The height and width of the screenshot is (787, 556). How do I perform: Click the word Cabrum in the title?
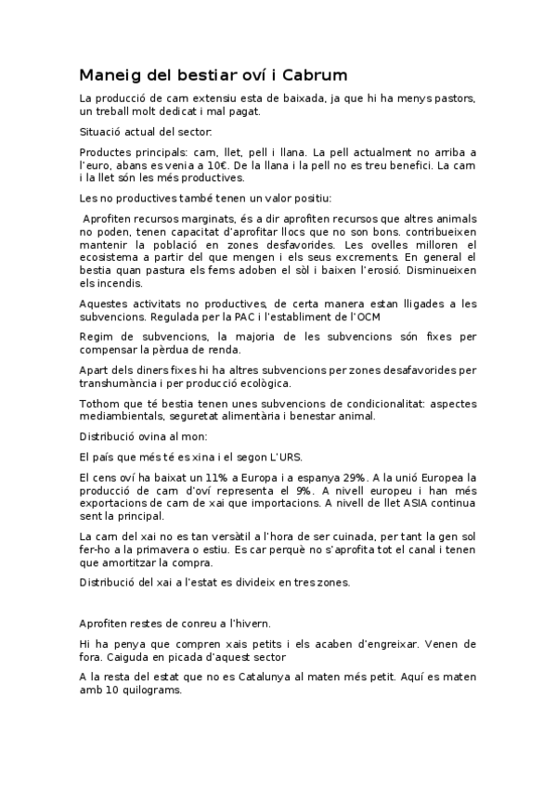312,74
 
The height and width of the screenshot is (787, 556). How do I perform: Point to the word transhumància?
122,382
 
